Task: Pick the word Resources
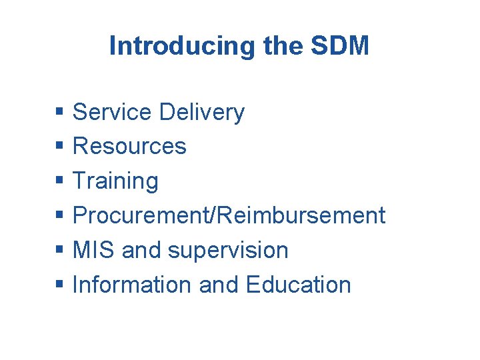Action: coord(129,146)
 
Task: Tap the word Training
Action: coord(115,181)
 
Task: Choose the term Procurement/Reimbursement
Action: coord(229,215)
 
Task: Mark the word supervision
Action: coord(228,251)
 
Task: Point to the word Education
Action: coord(298,285)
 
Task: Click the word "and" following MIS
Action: coord(142,250)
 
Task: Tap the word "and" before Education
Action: coord(219,285)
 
